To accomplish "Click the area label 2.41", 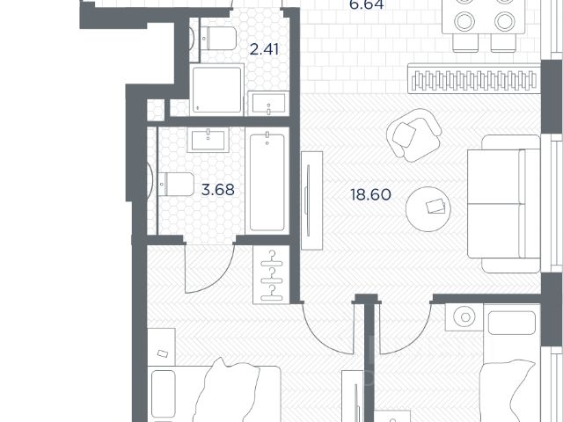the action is [x=264, y=49].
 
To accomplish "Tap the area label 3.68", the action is [x=217, y=190].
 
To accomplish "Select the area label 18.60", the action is [x=370, y=195].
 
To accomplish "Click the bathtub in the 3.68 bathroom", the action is [x=267, y=182].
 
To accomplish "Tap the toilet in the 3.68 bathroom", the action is [x=176, y=184].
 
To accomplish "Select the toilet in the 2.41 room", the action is [x=217, y=39].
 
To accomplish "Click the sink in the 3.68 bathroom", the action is [x=208, y=141].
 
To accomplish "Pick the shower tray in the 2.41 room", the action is [x=217, y=90].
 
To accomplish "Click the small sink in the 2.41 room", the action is [x=268, y=104].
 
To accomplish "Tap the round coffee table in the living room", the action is [x=428, y=209].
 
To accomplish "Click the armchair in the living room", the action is [x=413, y=135].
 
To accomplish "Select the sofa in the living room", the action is [x=504, y=203].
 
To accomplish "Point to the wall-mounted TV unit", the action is [x=311, y=200].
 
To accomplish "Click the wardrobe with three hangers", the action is [x=271, y=274].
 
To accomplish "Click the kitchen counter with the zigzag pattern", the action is [x=474, y=78].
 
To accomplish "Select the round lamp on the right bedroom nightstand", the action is [x=465, y=316].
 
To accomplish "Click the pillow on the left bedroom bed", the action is [x=163, y=395].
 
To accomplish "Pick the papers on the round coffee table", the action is [x=435, y=207].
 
